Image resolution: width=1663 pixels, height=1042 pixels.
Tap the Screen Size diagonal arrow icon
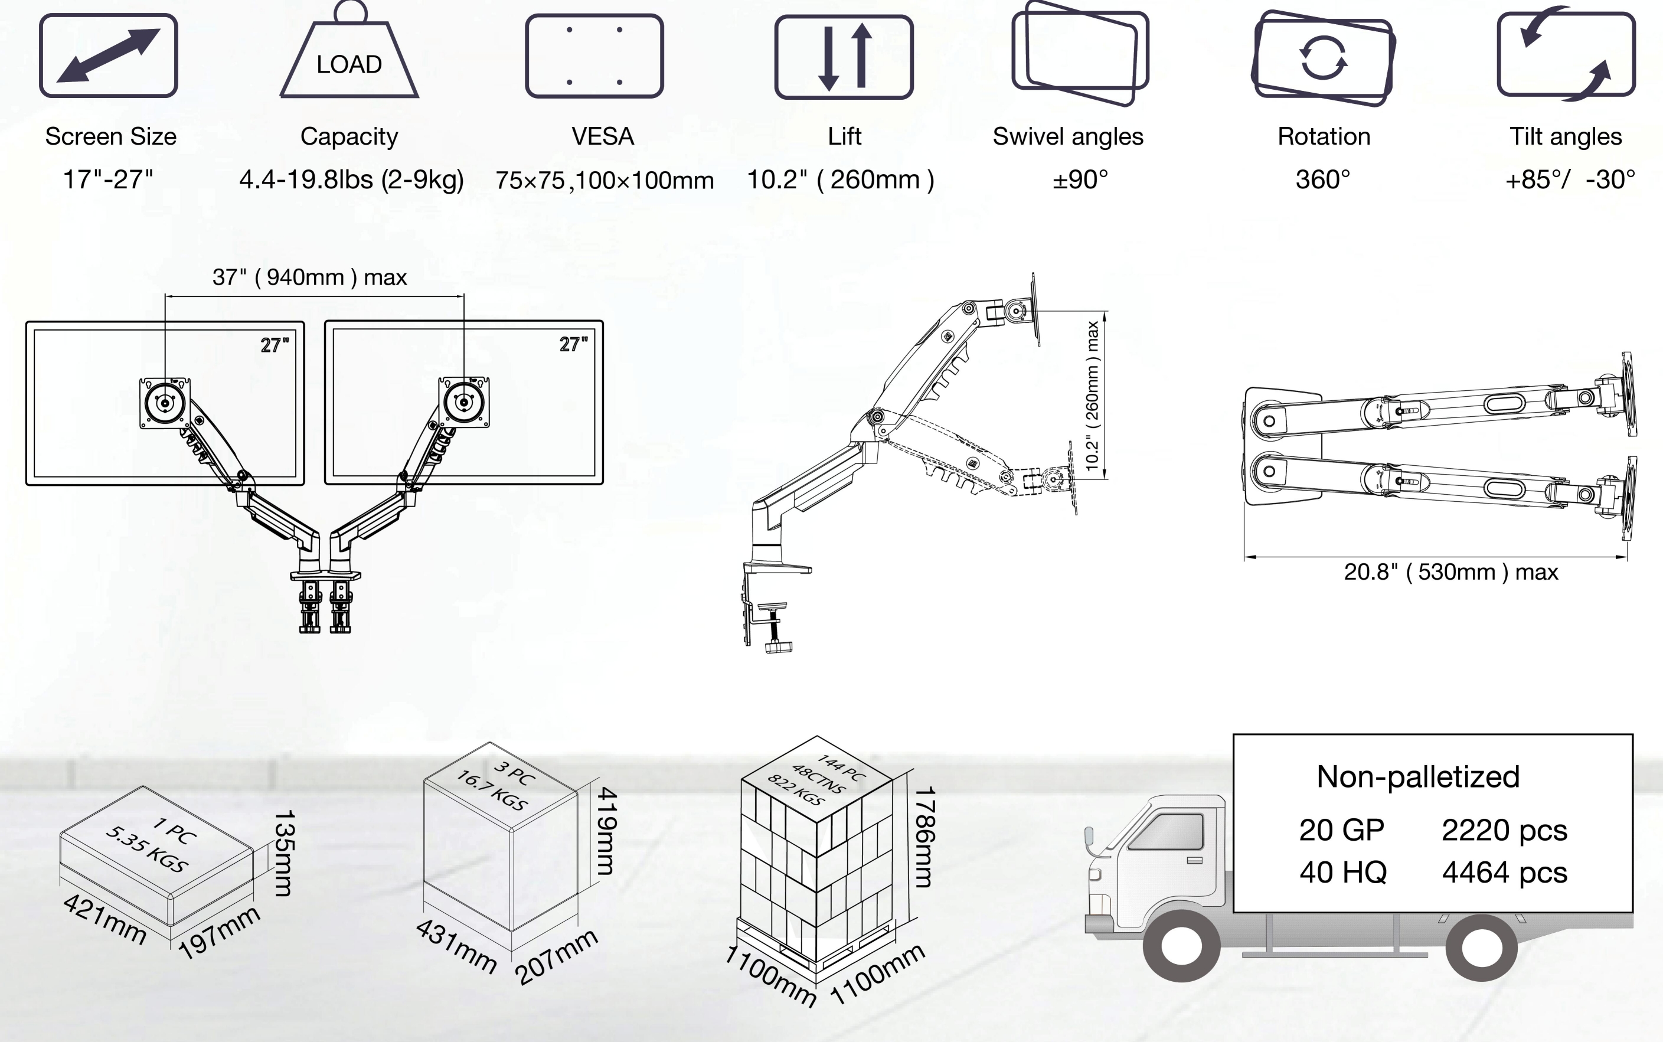point(108,55)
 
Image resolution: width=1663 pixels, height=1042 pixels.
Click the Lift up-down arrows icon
point(844,57)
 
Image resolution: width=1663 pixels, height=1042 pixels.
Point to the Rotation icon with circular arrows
point(1323,58)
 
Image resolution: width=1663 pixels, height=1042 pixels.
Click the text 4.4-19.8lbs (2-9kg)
point(351,180)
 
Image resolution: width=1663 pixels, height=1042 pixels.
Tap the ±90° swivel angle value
point(1080,180)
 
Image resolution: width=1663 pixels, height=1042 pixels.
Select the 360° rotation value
point(1323,180)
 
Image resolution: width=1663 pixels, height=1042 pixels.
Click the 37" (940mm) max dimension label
point(309,277)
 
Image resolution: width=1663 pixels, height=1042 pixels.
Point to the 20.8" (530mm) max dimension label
point(1451,572)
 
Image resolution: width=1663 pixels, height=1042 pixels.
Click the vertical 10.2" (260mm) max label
point(1093,396)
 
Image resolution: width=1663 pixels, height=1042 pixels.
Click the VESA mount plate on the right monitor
point(465,403)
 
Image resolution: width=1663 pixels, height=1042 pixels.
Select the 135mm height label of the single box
point(284,853)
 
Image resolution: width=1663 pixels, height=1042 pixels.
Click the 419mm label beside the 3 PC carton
point(606,831)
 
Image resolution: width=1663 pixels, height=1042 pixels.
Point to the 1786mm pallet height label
point(923,837)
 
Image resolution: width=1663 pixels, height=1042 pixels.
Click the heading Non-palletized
point(1418,777)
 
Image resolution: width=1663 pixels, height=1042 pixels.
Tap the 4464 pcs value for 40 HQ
point(1505,873)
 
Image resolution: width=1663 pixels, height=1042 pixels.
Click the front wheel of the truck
point(1181,946)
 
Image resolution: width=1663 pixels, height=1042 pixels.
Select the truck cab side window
point(1167,832)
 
